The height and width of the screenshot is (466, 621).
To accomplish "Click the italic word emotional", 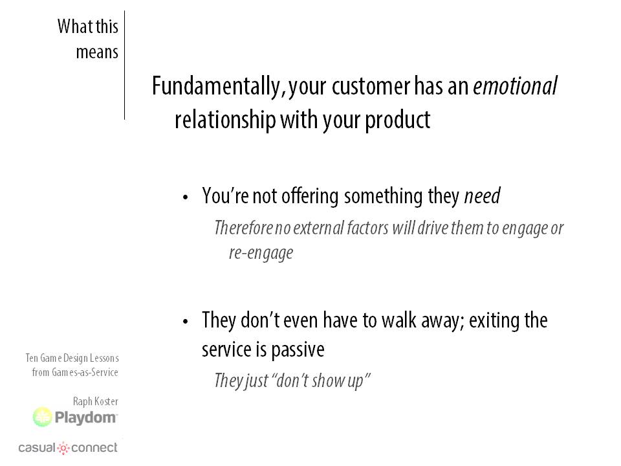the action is click(x=516, y=86).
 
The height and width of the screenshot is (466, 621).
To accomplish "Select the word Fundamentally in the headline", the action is click(x=216, y=87).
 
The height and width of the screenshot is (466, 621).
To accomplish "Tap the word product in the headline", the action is click(x=397, y=120).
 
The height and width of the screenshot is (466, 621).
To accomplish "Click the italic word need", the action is click(x=482, y=195).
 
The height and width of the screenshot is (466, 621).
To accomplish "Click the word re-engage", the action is click(x=261, y=254).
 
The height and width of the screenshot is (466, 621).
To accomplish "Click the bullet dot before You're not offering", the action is click(x=186, y=197).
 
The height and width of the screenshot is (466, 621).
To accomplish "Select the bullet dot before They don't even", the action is click(x=186, y=322).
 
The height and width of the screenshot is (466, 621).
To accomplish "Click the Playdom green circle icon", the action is click(x=43, y=417).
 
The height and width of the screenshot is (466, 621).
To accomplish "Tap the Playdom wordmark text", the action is click(x=86, y=417).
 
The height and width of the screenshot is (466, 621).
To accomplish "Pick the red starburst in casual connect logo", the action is click(x=63, y=448).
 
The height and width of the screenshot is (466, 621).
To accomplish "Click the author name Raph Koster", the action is click(x=96, y=401).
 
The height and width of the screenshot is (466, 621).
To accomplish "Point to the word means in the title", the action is click(x=97, y=52).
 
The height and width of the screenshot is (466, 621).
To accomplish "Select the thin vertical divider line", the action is click(x=124, y=65).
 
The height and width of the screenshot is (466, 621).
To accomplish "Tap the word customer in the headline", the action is click(x=371, y=87).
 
